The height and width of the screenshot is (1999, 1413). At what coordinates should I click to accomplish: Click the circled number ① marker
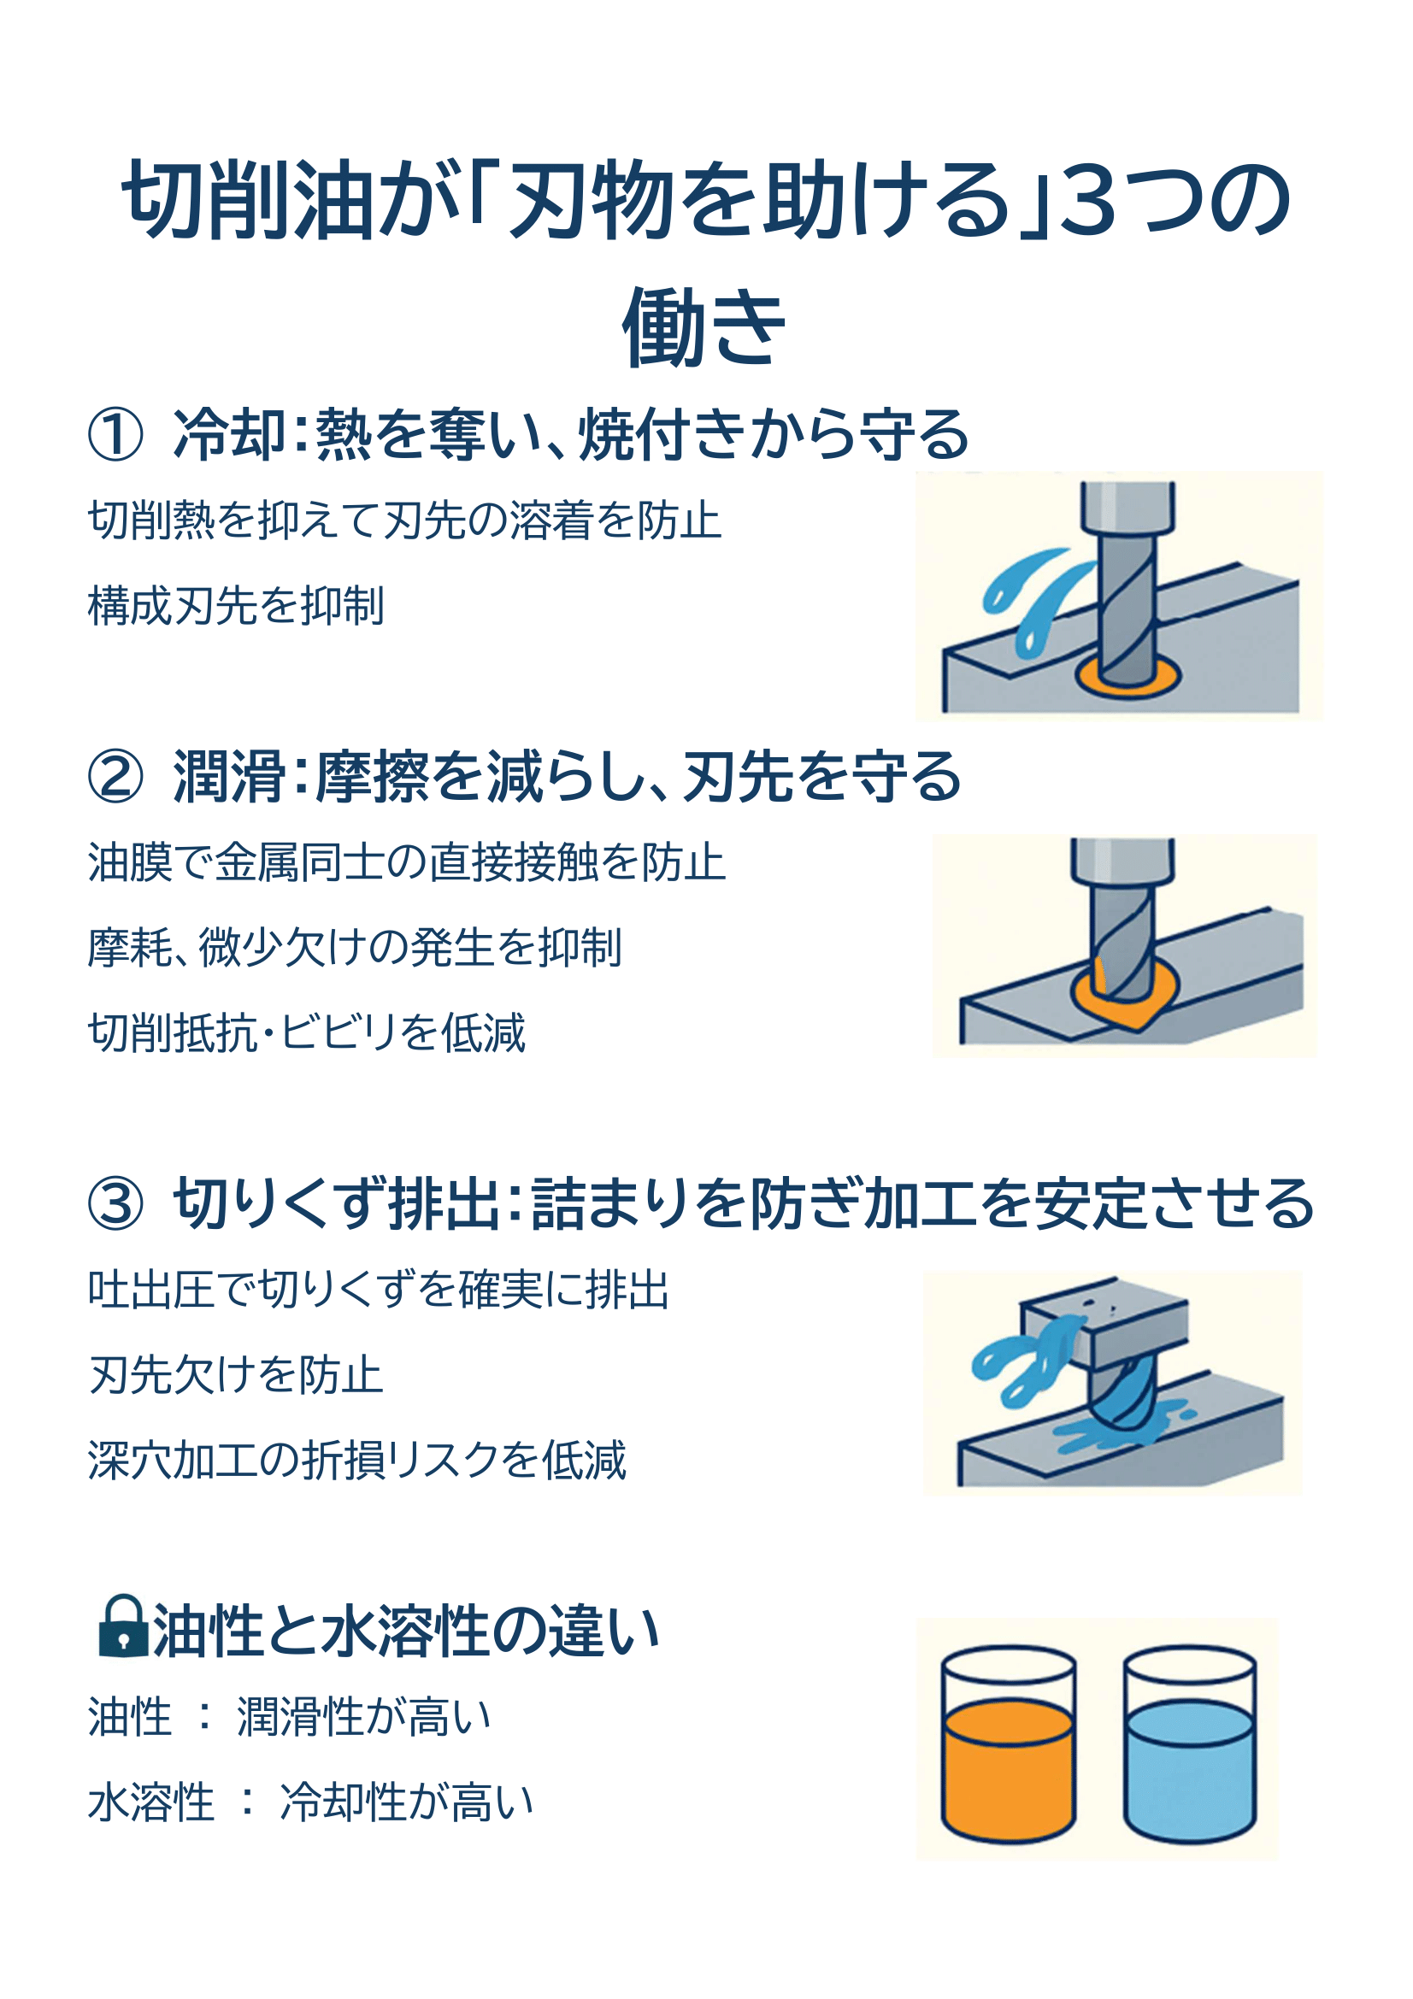coord(115,433)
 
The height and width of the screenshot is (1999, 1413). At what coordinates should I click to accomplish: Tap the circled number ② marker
coord(115,776)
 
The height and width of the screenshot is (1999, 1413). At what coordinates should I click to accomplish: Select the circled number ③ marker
coord(115,1203)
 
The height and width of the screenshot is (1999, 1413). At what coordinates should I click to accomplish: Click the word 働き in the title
coord(705,326)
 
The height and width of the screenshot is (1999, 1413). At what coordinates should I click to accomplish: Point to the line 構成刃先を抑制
coord(235,605)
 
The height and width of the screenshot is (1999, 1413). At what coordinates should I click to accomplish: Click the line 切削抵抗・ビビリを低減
coord(307,1032)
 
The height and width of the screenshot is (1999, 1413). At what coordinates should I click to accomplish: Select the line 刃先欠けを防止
coord(235,1375)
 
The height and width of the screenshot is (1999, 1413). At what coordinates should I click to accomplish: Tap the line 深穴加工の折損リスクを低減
coord(357,1460)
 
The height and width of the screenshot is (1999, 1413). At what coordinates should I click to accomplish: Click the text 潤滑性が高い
coord(364,1717)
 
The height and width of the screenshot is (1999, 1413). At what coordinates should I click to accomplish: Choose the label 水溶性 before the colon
coord(151,1802)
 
